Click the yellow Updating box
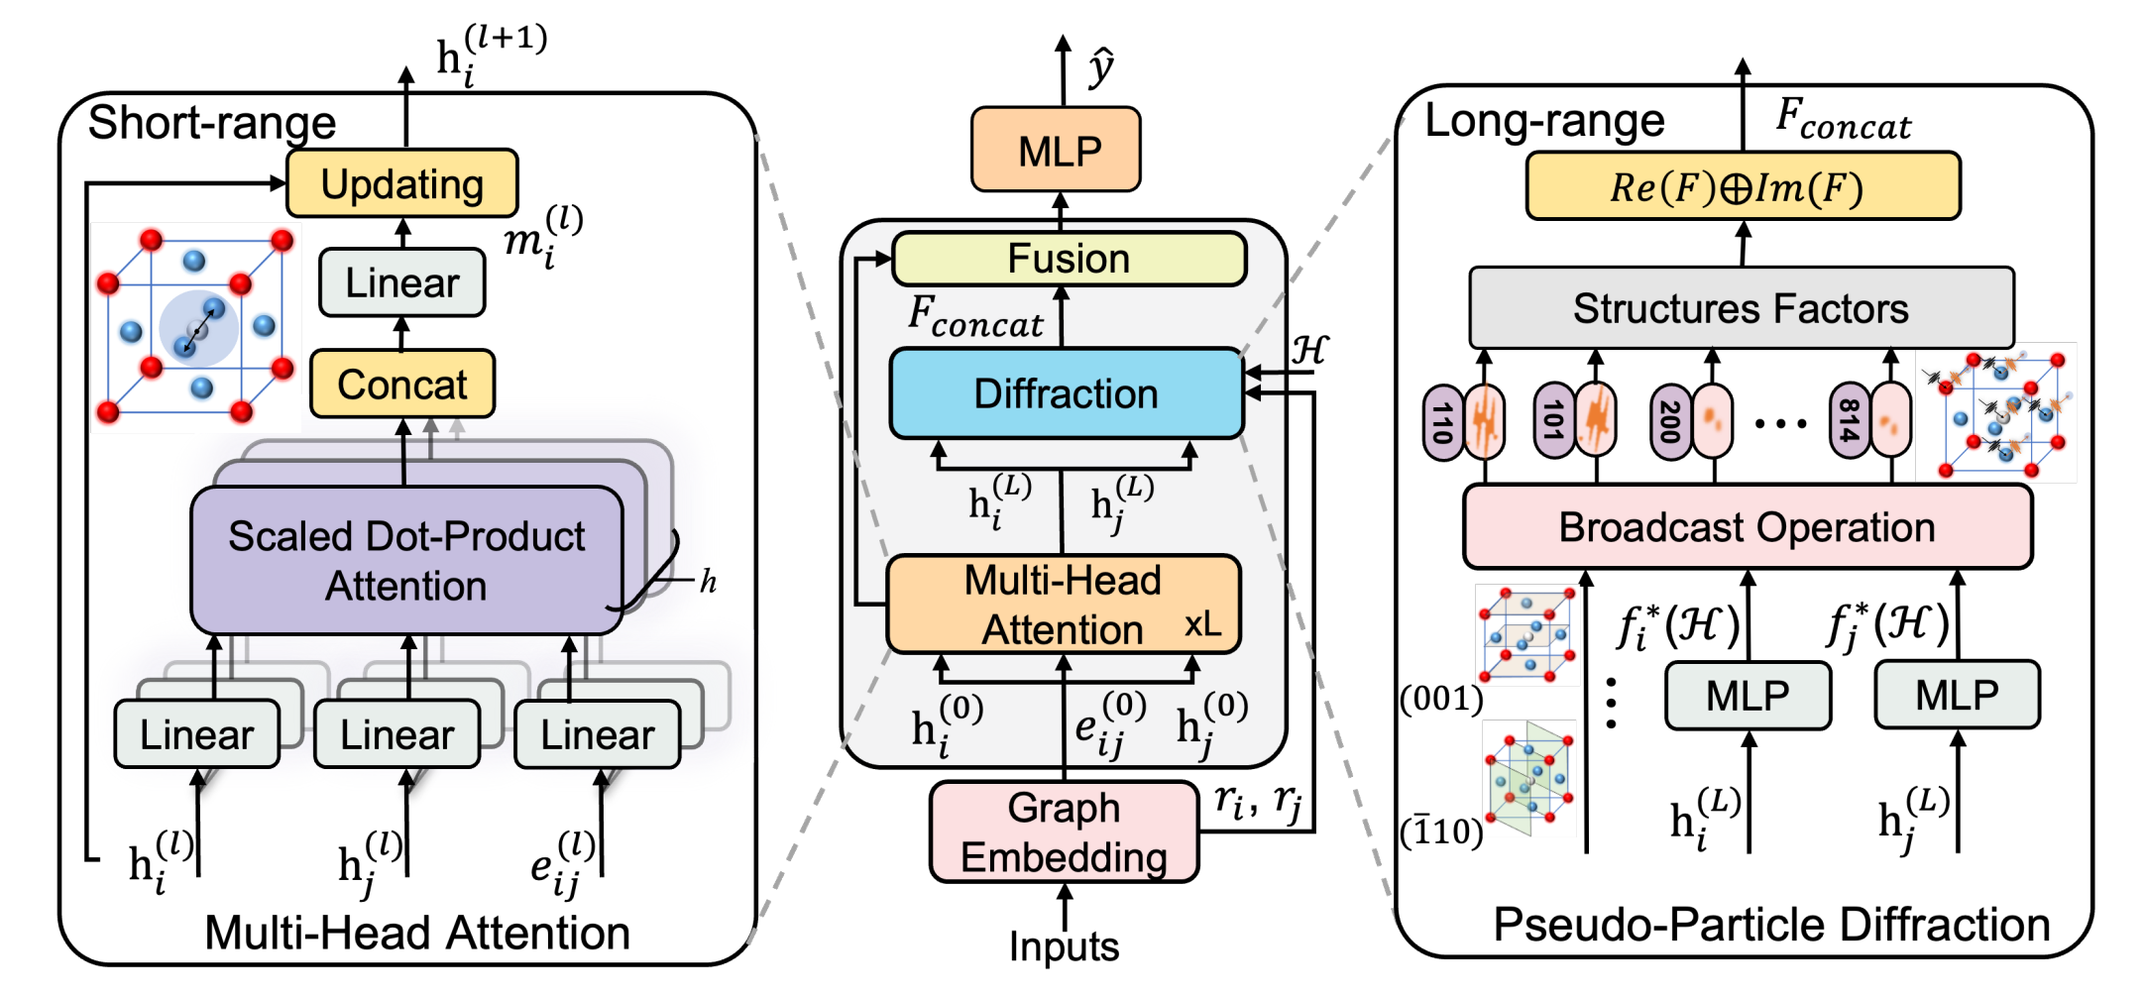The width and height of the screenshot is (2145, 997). click(401, 183)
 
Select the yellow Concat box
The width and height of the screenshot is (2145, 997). click(401, 384)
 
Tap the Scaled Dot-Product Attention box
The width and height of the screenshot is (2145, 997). click(406, 560)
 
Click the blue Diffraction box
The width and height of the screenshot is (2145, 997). click(1066, 393)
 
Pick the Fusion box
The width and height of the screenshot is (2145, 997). click(1069, 259)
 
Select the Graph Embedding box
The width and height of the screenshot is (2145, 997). click(1064, 832)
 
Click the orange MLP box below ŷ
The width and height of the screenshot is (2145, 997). click(1056, 150)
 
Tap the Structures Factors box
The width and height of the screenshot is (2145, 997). click(1742, 308)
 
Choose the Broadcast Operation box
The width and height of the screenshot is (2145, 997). click(1748, 527)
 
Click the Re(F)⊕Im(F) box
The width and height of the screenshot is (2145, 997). click(1743, 186)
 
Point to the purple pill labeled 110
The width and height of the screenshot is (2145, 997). click(1442, 422)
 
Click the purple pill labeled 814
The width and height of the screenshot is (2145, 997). click(1849, 421)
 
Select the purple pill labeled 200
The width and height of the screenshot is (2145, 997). click(1670, 422)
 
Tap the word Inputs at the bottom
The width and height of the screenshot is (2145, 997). click(1064, 946)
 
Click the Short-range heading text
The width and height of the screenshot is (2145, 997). click(212, 123)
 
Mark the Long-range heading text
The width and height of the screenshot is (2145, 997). click(1544, 121)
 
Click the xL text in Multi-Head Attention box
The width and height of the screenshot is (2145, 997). click(1202, 624)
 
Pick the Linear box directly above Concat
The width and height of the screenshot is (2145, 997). click(402, 282)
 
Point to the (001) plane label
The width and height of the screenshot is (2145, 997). click(1441, 699)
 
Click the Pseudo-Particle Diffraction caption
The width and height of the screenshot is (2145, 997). click(1771, 926)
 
